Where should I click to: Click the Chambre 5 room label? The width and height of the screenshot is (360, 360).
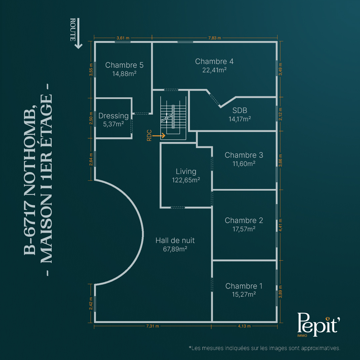tap(124, 65)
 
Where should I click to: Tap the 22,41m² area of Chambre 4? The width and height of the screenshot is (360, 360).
tap(214, 70)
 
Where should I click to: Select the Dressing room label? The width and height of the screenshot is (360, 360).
tap(113, 116)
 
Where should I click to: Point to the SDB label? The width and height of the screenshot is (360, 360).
tap(240, 110)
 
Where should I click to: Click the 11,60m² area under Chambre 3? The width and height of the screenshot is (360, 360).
tap(244, 164)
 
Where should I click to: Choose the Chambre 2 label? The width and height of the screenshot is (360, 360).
tap(244, 220)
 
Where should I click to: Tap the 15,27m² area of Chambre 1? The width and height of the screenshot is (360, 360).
tap(244, 294)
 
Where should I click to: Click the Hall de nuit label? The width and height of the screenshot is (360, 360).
tap(175, 240)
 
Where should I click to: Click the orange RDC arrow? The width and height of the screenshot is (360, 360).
tap(159, 136)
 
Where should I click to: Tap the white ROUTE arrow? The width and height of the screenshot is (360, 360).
tap(78, 34)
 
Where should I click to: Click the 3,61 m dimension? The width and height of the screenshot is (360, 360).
tap(123, 38)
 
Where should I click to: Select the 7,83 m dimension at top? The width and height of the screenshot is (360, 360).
tap(215, 38)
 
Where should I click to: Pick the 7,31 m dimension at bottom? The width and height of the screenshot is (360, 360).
tap(153, 326)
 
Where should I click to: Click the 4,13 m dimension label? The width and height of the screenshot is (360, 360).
tap(244, 326)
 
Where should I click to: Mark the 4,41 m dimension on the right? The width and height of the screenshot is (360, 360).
tap(280, 225)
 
